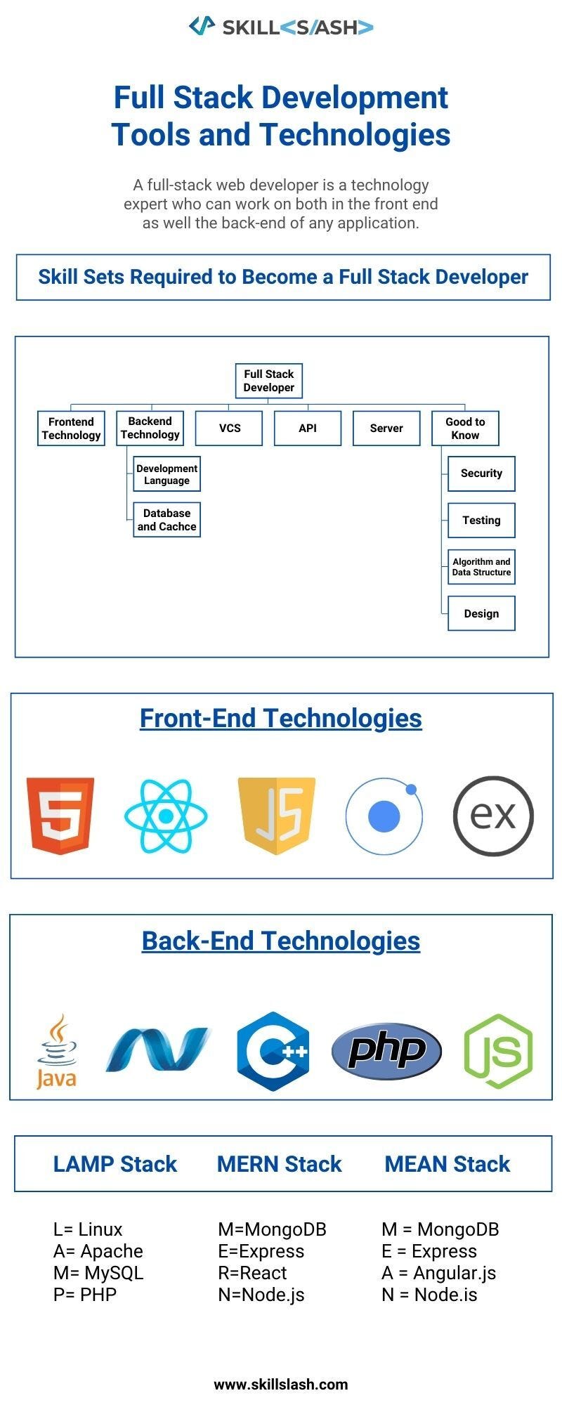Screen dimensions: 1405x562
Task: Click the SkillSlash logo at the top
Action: click(x=281, y=27)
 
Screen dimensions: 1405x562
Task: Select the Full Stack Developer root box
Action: click(x=268, y=381)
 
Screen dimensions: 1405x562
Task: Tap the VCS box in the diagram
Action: click(x=229, y=428)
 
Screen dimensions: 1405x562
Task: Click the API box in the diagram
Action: click(x=307, y=428)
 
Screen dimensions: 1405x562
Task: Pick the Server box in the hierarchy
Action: click(x=386, y=428)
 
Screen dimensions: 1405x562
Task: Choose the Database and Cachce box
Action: click(x=166, y=520)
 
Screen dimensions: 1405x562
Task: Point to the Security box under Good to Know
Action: click(x=481, y=473)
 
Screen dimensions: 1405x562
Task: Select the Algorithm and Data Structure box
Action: click(x=481, y=567)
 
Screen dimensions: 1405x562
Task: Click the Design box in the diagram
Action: click(x=481, y=613)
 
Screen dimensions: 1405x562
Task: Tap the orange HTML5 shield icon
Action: click(x=60, y=815)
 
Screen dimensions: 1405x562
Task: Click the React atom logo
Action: click(x=166, y=816)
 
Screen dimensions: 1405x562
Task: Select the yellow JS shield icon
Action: click(x=277, y=815)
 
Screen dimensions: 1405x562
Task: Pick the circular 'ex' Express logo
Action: click(x=493, y=816)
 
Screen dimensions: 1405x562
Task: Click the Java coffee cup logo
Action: click(x=56, y=1052)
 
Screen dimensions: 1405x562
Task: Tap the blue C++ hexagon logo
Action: click(x=273, y=1051)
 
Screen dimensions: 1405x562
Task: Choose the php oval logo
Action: click(x=386, y=1051)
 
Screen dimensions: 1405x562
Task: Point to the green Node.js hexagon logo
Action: click(x=498, y=1051)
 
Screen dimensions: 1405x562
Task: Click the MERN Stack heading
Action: click(x=279, y=1164)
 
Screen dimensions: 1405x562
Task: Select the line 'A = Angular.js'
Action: click(x=438, y=1273)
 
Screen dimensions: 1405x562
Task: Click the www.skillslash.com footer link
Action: click(x=281, y=1385)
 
